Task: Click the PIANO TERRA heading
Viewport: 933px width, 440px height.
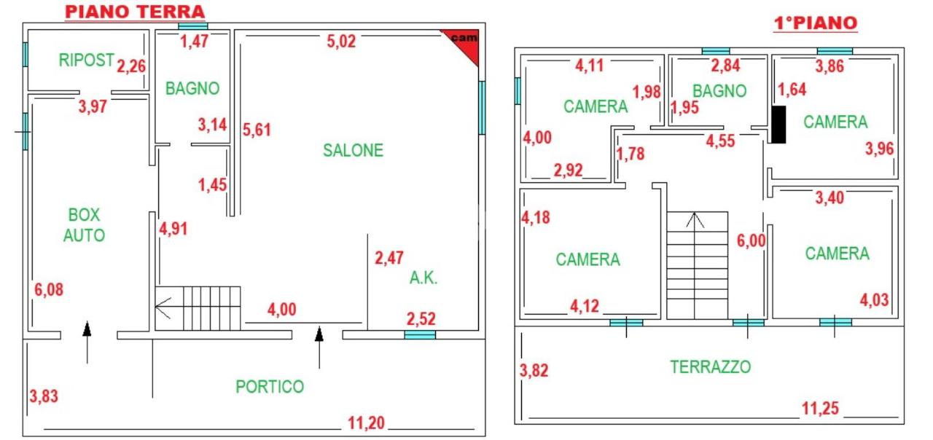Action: (135, 12)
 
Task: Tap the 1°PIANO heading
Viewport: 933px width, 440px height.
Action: (815, 23)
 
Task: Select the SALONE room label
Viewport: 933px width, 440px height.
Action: (354, 150)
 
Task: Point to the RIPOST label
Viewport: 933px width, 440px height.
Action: (86, 60)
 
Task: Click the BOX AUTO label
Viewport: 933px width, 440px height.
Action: (84, 225)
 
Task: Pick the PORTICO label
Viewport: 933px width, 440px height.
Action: (270, 387)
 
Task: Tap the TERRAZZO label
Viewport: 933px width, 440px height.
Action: (711, 366)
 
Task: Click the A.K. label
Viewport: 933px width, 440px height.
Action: (423, 278)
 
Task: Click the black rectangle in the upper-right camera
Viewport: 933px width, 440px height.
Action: (778, 125)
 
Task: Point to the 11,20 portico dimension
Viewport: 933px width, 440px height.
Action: (366, 423)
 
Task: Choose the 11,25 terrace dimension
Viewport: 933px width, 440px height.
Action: (820, 409)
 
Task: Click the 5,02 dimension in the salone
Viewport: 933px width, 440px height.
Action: (341, 42)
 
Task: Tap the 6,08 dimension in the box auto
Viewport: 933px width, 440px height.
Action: (49, 289)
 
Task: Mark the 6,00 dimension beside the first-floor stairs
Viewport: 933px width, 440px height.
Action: (752, 240)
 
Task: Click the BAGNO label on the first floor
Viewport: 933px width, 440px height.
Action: (719, 91)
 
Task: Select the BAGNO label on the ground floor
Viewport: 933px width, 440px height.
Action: (192, 88)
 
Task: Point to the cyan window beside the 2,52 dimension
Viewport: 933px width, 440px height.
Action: (420, 334)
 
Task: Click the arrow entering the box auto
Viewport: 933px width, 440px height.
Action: (87, 342)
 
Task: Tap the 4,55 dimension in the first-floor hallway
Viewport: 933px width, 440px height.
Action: (721, 141)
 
